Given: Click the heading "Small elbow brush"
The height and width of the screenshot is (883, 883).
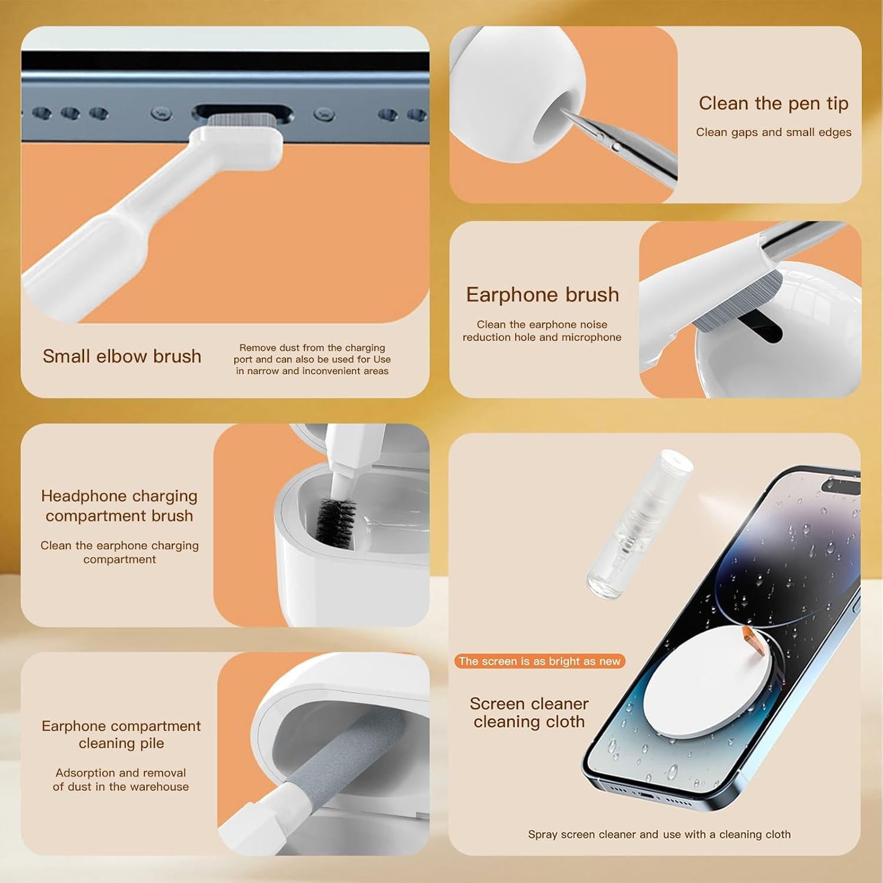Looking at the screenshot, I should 122,356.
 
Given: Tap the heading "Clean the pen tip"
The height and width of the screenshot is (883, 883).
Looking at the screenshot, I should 773,104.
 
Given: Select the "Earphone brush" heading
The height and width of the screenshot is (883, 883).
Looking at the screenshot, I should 542,294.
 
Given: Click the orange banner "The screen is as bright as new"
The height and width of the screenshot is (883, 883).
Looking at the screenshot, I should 539,661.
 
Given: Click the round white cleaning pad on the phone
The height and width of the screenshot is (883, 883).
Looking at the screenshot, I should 701,680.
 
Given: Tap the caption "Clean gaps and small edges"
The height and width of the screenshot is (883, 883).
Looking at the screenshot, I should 773,132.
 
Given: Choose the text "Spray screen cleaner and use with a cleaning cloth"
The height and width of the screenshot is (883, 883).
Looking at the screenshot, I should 659,834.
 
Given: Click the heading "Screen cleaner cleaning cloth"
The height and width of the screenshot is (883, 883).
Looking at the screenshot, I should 529,712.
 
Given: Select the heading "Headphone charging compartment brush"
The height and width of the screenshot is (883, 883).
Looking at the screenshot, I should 119,506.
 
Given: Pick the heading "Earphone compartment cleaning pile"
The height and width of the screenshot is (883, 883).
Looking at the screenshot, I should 121,734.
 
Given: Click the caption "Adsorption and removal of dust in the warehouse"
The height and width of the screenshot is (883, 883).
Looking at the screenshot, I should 121,779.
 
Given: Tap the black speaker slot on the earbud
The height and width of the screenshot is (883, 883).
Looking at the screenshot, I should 759,327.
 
